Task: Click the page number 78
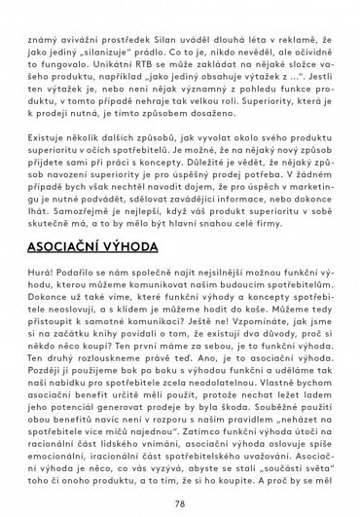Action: pyautogui.click(x=180, y=504)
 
